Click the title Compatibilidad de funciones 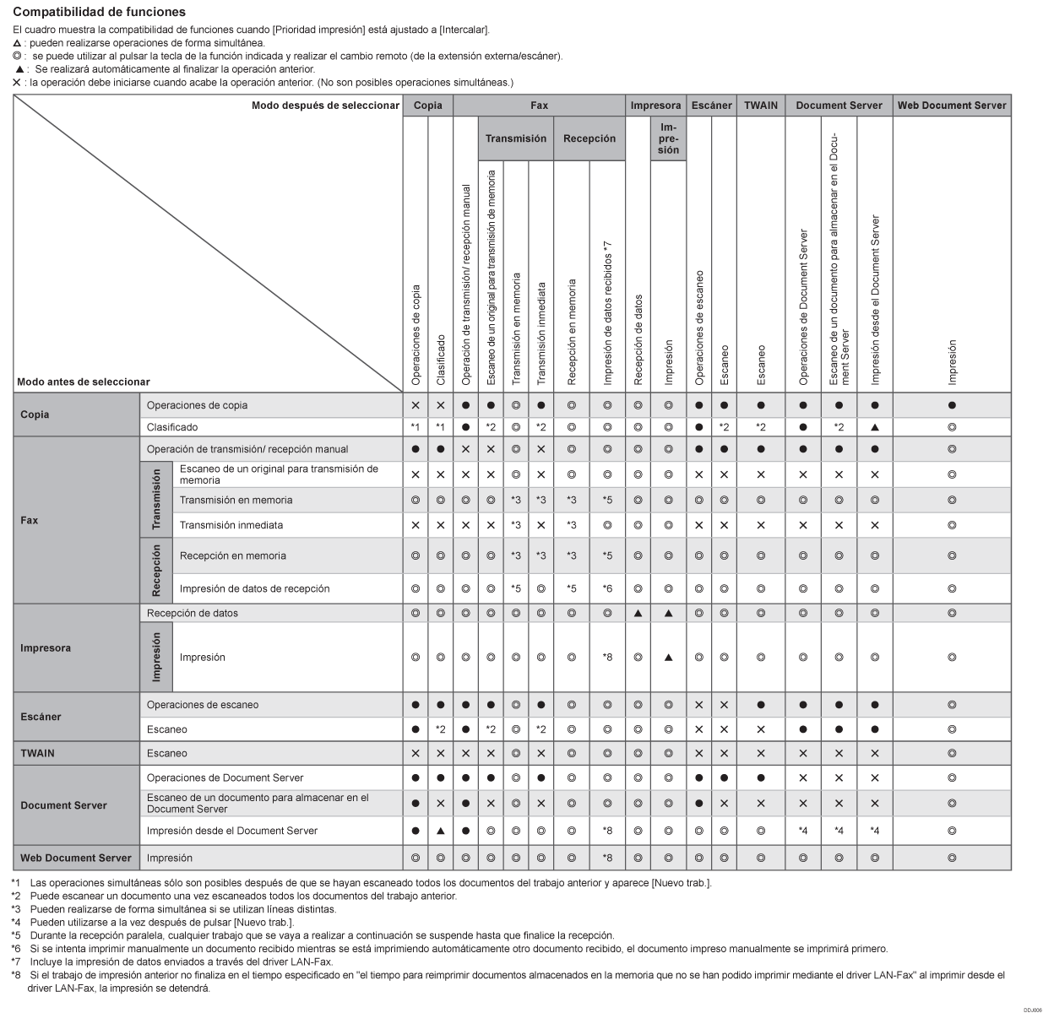click(100, 13)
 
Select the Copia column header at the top click(428, 106)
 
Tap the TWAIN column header click(761, 106)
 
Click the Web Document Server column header click(952, 106)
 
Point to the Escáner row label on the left click(41, 717)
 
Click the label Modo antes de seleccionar click(83, 382)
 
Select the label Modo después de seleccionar click(325, 106)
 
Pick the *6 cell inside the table click(607, 588)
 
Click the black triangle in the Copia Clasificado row click(875, 427)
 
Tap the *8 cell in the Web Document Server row click(607, 858)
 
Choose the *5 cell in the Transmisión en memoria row click(607, 500)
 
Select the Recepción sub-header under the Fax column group click(589, 138)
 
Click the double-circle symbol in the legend click(18, 57)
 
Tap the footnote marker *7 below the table click(16, 962)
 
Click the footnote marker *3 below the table click(16, 909)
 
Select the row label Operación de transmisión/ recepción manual click(247, 449)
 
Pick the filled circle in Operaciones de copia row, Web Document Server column click(952, 405)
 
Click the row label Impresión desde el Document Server click(232, 831)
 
